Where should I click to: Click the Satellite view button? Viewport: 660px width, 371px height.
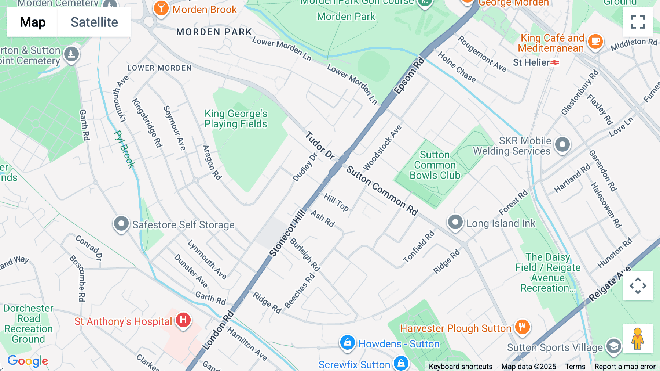(94, 22)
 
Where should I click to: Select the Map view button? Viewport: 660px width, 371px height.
(33, 22)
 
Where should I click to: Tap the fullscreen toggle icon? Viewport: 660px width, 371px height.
(638, 22)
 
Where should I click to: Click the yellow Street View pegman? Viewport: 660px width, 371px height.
(638, 339)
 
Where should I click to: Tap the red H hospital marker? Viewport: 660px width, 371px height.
(183, 320)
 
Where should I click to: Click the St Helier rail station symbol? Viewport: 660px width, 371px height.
(555, 62)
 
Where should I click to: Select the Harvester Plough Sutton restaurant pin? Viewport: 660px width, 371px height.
(522, 327)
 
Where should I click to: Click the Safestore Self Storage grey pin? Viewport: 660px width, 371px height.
(121, 223)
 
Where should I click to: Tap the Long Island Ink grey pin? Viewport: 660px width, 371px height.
(455, 222)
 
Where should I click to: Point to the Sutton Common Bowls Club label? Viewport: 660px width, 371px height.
(434, 165)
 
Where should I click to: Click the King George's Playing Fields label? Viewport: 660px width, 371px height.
(236, 119)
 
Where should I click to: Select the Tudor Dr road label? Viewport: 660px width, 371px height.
(320, 145)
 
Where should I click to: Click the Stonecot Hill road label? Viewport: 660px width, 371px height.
(287, 233)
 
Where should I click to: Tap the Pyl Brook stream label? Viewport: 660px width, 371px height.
(125, 149)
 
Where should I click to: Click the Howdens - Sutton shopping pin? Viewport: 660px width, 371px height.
(347, 342)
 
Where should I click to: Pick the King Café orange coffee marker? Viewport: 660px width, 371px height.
(595, 42)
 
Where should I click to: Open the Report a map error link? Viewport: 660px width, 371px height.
(625, 367)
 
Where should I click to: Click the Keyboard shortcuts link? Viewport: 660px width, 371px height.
(461, 367)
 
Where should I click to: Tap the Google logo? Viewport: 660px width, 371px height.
(28, 361)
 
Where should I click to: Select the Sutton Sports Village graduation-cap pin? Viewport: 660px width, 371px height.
(613, 346)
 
